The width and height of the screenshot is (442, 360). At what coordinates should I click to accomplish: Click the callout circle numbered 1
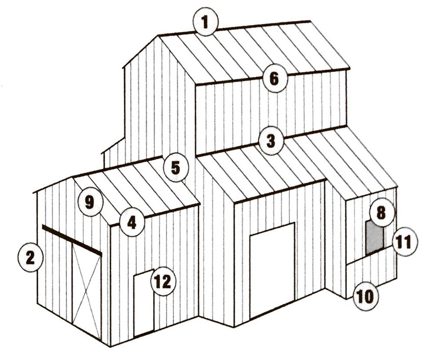point(206,23)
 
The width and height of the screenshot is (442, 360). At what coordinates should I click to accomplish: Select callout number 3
point(271,141)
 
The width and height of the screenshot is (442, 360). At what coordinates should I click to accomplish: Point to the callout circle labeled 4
point(132,222)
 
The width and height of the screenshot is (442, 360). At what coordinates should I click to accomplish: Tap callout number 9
point(89,202)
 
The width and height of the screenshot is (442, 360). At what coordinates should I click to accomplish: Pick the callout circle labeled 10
point(365,297)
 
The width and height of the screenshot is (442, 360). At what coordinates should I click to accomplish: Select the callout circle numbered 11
point(404,242)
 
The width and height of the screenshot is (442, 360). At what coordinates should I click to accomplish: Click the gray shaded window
point(374,238)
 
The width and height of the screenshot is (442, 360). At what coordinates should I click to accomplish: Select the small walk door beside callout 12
point(143,304)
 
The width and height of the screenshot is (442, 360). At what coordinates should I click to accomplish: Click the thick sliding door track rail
point(72,238)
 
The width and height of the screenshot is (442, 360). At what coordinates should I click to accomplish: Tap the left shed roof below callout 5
point(143,187)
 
